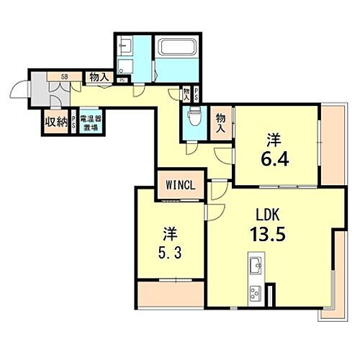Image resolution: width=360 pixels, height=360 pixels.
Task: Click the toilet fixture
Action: tap(193, 117)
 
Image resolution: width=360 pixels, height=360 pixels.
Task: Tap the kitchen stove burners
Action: tap(256, 294)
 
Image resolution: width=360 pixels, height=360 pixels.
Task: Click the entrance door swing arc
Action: tap(19, 94)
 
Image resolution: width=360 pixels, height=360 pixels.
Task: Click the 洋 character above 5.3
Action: tap(168, 234)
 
